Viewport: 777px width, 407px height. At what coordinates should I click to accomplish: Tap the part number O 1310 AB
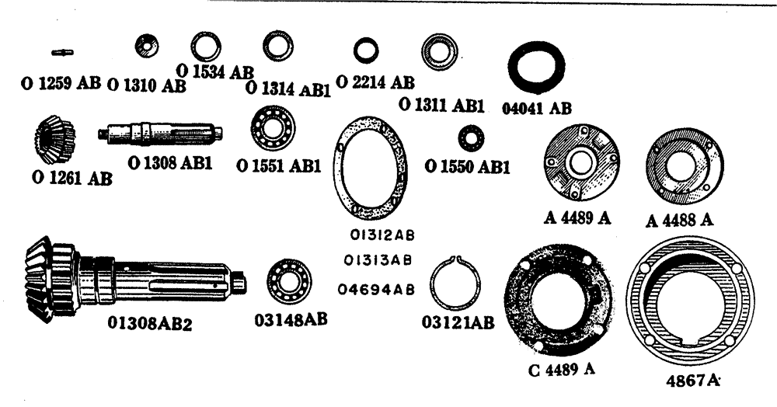click(146, 85)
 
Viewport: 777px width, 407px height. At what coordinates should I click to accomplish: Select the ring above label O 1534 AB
click(205, 50)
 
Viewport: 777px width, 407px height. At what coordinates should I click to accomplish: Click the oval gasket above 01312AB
click(369, 167)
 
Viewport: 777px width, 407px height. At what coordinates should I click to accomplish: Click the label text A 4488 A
click(680, 220)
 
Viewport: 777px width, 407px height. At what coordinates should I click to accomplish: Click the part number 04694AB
click(376, 289)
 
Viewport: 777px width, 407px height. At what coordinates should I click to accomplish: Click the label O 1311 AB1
click(441, 103)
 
